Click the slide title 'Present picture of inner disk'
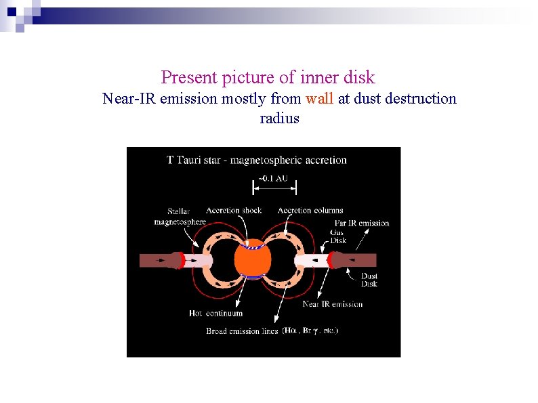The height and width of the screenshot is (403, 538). click(x=268, y=77)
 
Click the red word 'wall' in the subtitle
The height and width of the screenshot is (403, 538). click(x=319, y=99)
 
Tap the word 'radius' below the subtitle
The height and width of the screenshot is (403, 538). click(x=279, y=119)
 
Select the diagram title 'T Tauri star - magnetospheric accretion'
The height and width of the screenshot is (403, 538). click(x=257, y=161)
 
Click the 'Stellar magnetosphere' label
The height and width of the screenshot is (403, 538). click(x=180, y=217)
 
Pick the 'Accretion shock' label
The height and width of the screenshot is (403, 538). click(x=234, y=210)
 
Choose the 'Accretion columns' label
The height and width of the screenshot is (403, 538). click(x=310, y=210)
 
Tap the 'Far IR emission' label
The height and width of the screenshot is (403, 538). click(x=362, y=223)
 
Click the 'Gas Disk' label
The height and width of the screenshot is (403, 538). click(x=337, y=236)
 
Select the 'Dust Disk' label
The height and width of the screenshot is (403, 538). click(x=369, y=280)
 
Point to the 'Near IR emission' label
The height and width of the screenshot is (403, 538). click(x=332, y=304)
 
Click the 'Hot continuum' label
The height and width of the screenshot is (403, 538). click(x=215, y=314)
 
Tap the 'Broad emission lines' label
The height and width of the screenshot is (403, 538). click(x=242, y=331)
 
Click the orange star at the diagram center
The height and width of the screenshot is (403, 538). click(x=252, y=260)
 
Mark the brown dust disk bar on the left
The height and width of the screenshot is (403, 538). click(x=154, y=260)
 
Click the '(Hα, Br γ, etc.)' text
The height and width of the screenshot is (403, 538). click(x=310, y=331)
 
